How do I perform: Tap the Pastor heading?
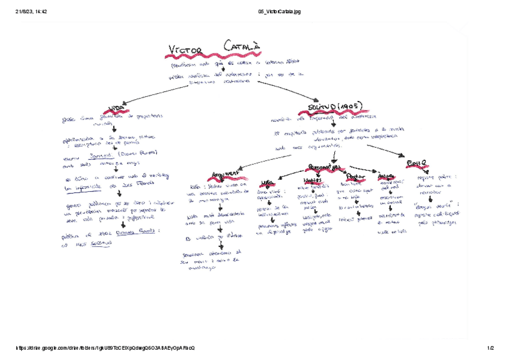pos(353,177)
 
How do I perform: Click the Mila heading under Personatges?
pos(268,182)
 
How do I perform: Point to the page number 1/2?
pos(490,348)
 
